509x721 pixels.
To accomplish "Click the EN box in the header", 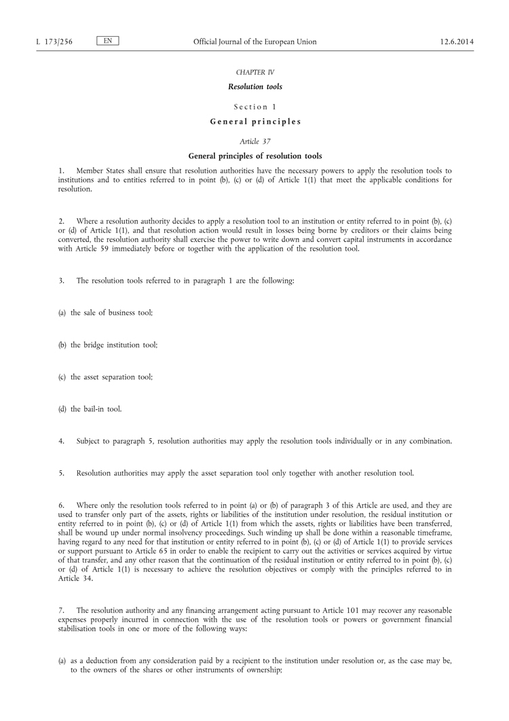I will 108,41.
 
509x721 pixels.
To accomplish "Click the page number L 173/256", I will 54,42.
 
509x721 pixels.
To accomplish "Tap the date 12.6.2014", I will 457,42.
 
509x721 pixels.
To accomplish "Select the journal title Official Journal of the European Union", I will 254,42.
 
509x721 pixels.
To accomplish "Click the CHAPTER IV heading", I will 254,73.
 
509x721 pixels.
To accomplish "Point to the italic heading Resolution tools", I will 254,87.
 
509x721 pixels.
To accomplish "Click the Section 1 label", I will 254,107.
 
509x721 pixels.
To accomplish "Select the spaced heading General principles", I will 254,122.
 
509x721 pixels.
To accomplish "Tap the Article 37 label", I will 254,141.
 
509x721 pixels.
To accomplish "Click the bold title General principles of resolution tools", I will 254,156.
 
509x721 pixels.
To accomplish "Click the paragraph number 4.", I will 61,441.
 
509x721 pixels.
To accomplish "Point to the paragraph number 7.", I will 61,610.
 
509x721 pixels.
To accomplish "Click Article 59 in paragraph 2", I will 93,249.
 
